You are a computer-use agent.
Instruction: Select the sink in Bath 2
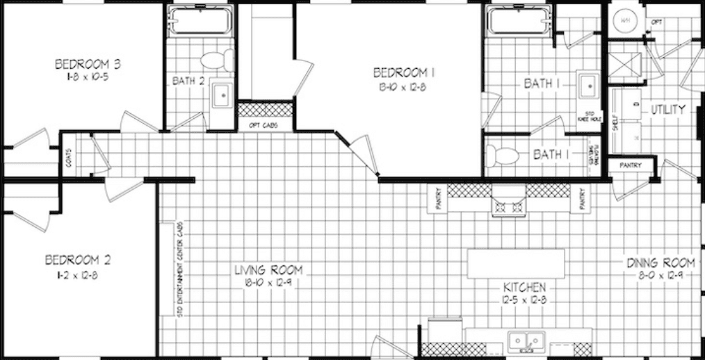[x=222, y=95]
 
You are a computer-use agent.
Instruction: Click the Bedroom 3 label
[x=88, y=65]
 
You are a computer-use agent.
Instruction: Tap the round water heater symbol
[x=625, y=21]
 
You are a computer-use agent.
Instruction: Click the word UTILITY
[x=668, y=110]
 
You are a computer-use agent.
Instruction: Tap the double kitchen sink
[x=526, y=341]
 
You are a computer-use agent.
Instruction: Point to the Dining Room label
[x=661, y=263]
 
